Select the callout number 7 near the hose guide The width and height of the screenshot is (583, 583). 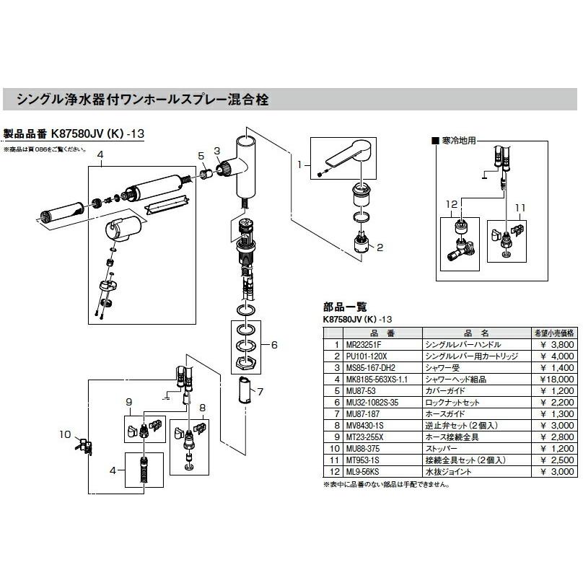point(260,392)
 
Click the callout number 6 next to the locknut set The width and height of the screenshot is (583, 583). point(273,346)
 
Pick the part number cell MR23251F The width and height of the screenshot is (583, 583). point(363,345)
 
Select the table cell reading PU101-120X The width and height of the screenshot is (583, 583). point(367,356)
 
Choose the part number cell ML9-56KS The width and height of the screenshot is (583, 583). point(364,472)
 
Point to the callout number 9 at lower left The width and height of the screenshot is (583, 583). point(128,401)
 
